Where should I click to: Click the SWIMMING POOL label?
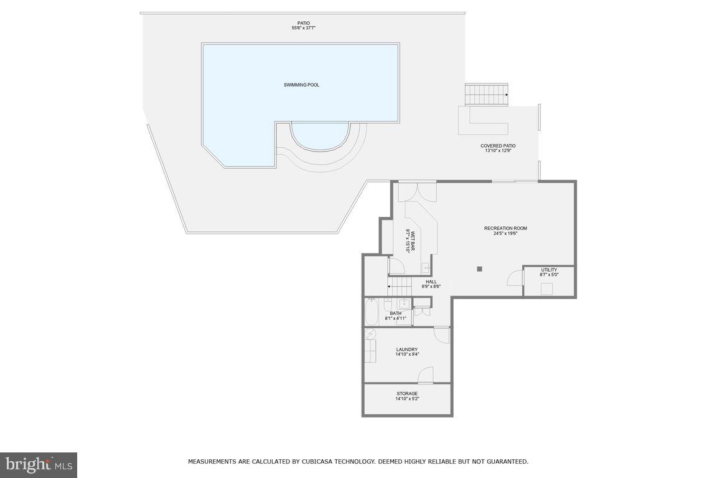pos(301,85)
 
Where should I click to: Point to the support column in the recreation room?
pos(479,269)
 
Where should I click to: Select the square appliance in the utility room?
pos(546,289)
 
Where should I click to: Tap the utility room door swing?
pos(515,278)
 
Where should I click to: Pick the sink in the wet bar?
pos(426,269)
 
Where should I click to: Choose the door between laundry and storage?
pos(426,375)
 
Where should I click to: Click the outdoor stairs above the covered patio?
pos(487,94)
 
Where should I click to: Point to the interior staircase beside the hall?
pos(400,287)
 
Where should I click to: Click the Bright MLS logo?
pos(39,465)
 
